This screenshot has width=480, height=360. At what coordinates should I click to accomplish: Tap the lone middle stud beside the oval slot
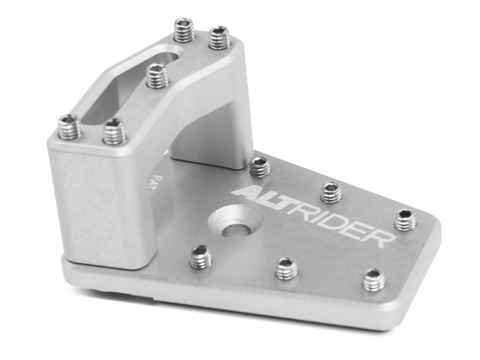(x=157, y=75)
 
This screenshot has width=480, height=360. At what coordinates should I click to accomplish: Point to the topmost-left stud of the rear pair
(x=184, y=30)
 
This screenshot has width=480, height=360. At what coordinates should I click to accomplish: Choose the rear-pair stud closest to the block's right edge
(x=219, y=36)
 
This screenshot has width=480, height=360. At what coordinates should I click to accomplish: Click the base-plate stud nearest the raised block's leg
(x=259, y=166)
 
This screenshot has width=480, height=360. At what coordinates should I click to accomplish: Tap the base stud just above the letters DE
(x=331, y=191)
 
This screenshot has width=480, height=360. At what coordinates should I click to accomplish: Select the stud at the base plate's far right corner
(x=405, y=220)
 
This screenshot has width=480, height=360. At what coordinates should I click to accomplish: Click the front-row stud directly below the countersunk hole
(x=200, y=257)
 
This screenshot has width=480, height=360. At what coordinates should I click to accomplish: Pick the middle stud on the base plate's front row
(x=286, y=268)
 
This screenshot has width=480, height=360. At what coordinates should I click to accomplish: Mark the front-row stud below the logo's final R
(x=373, y=279)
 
